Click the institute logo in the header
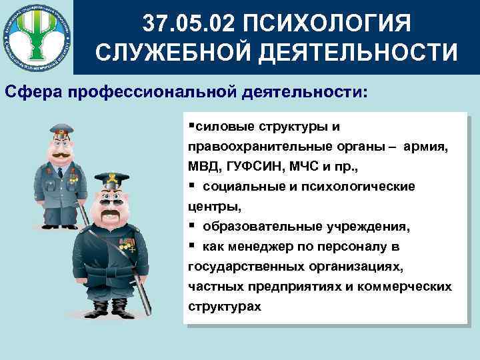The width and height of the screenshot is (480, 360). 36,37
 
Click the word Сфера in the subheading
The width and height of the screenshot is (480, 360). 31,91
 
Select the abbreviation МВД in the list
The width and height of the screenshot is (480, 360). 205,165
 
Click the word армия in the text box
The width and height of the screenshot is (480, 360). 426,146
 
